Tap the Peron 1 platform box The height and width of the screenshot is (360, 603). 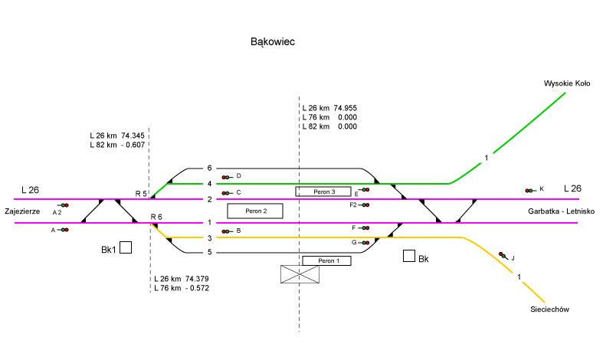coord(326,261)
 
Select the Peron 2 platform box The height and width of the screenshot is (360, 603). coord(255,211)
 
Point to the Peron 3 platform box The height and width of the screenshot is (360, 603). coord(323,191)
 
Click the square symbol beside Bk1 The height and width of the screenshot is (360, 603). coord(125,247)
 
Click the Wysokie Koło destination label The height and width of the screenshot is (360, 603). coord(566,83)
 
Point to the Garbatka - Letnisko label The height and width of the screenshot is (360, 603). coord(561,211)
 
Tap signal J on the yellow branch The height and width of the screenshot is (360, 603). coord(503,255)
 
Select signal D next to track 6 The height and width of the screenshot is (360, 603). coord(227,177)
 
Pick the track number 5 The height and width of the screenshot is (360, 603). coord(208,252)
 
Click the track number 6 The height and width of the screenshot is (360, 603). coord(208,168)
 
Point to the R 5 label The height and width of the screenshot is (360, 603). coord(141,194)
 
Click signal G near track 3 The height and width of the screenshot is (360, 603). coord(364,242)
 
